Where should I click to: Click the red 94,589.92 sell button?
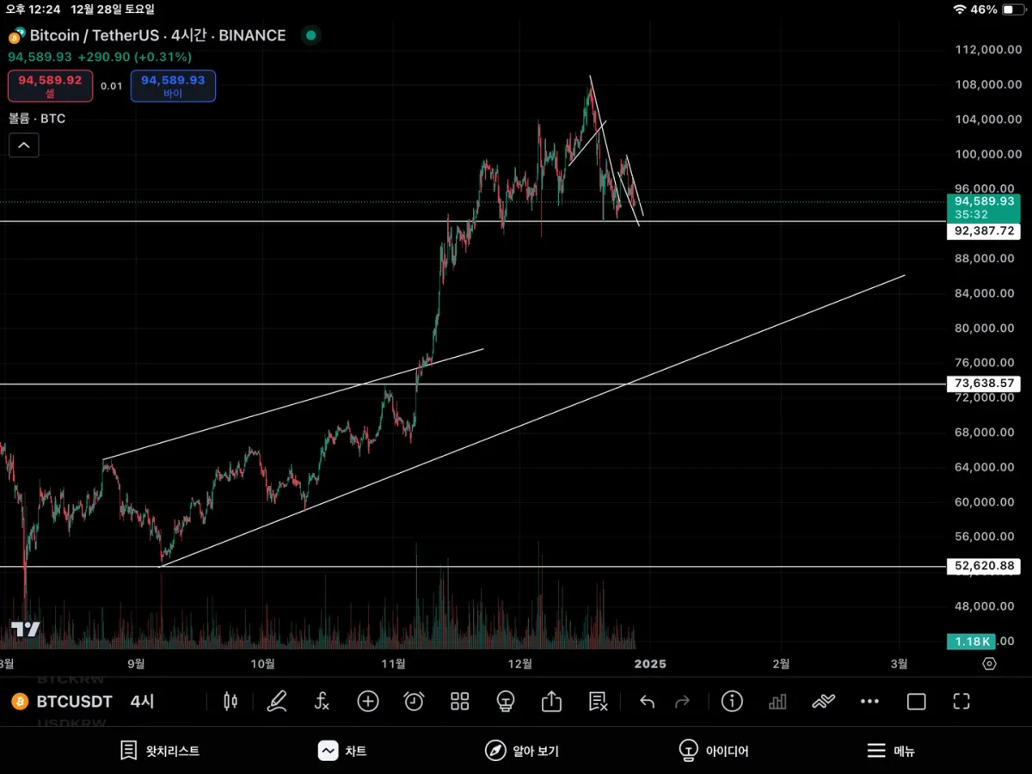point(50,85)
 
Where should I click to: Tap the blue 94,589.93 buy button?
point(173,85)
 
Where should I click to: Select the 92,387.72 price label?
point(982,231)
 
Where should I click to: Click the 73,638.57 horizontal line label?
point(982,384)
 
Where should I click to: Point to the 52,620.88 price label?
point(982,566)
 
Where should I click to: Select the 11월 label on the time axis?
point(393,664)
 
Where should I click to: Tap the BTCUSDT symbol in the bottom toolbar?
point(74,702)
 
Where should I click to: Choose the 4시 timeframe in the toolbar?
point(142,702)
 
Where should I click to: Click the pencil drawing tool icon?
point(276,702)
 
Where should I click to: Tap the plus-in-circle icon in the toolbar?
point(368,702)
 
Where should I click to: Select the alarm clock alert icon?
point(414,702)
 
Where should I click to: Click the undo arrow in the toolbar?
point(647,702)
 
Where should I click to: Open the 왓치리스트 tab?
point(160,751)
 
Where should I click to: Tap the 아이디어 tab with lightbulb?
point(713,751)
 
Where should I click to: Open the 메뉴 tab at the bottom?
point(890,751)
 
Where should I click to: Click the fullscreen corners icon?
point(961,702)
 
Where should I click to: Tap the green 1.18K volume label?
point(970,642)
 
